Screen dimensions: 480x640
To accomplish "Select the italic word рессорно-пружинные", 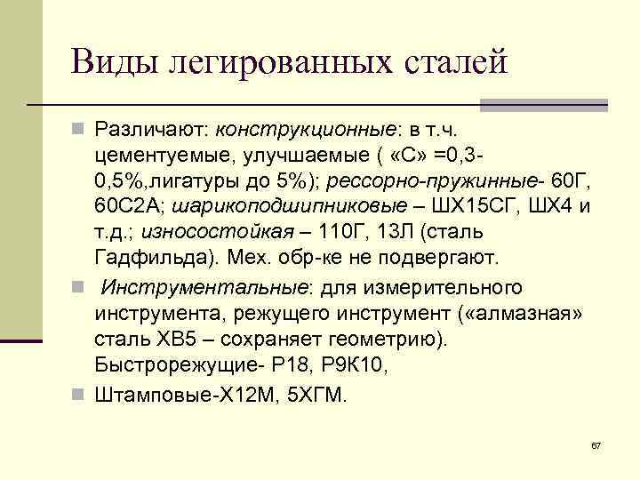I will point(431,182).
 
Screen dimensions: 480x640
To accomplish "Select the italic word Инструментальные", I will point(204,289).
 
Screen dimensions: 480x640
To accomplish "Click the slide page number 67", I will point(596,444).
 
